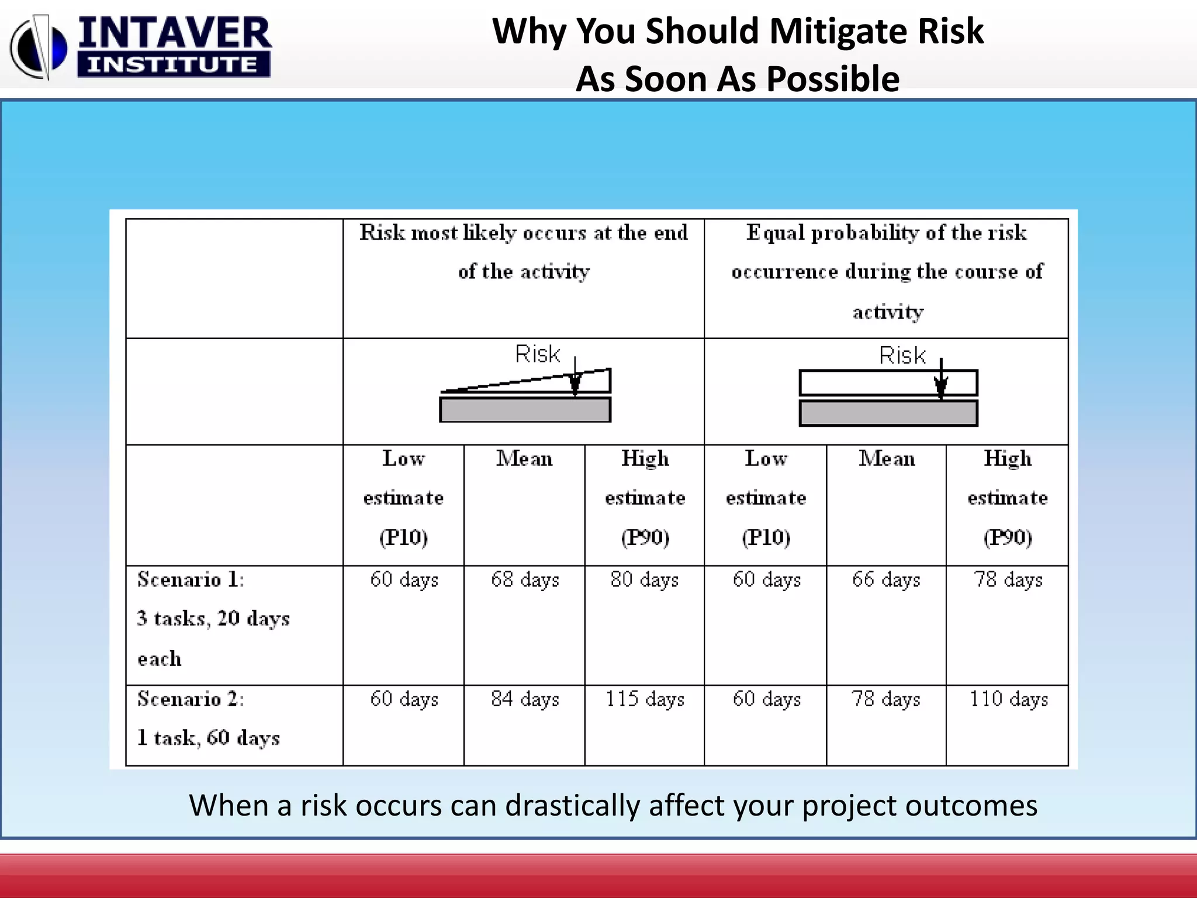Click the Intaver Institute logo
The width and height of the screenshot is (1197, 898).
coord(140,47)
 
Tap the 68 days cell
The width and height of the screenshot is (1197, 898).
coord(525,579)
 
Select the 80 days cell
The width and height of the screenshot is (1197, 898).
coord(645,579)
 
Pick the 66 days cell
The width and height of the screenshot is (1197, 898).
coord(886,579)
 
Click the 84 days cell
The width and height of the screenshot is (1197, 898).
coord(525,699)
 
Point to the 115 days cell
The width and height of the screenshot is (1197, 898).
coord(645,699)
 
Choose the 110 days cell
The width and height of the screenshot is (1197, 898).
coord(1009,699)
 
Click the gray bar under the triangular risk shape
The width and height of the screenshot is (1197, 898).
coord(525,410)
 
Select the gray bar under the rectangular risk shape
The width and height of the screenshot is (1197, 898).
coord(888,413)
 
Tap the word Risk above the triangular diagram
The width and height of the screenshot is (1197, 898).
coord(537,354)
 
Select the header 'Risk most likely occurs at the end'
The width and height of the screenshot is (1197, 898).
coord(524,233)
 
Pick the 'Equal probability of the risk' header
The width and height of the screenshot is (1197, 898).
coord(886,233)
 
